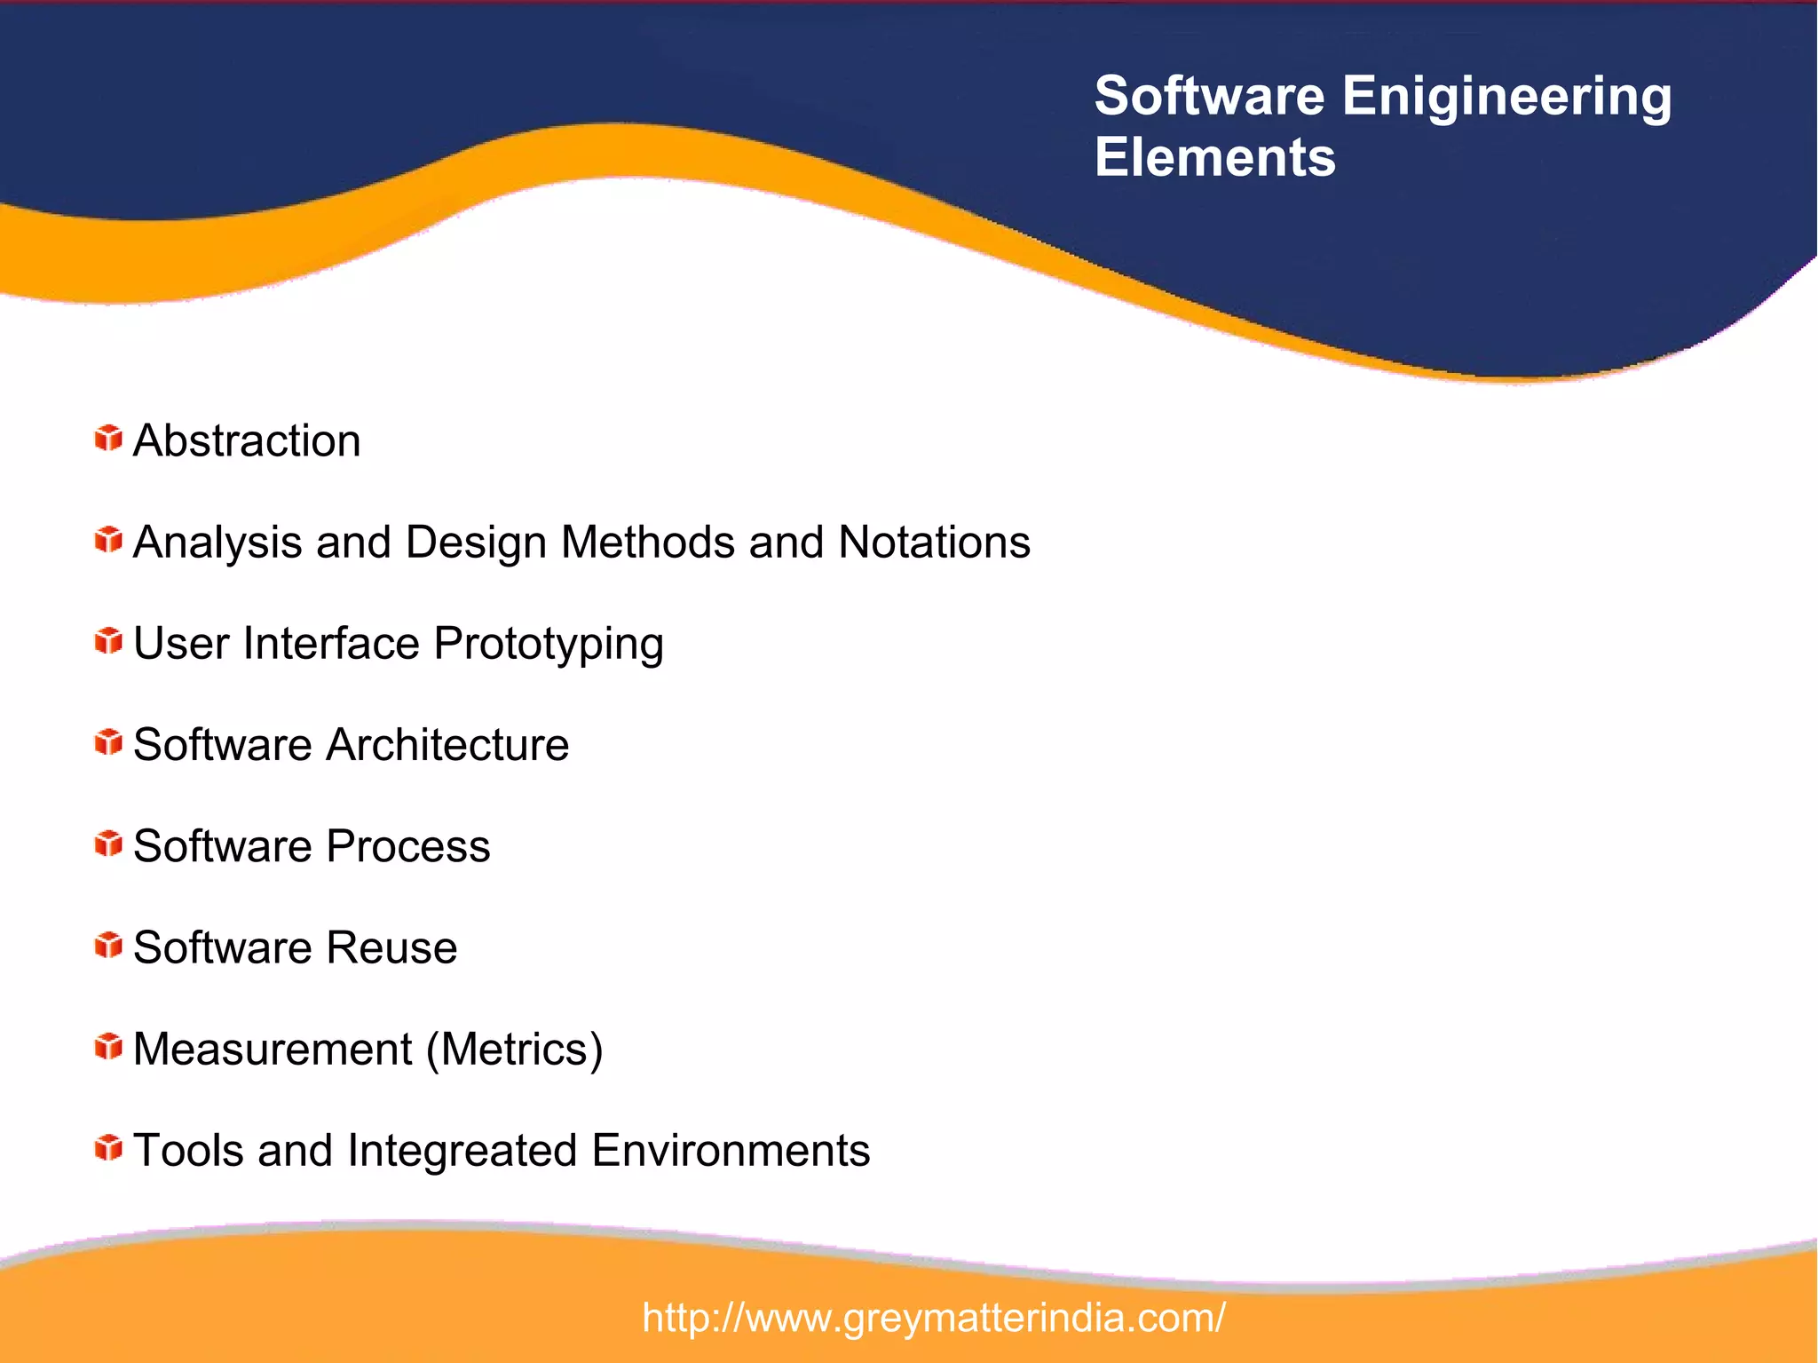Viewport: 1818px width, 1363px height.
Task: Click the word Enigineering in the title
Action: [x=1506, y=98]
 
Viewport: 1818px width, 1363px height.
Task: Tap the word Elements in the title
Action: [x=1214, y=157]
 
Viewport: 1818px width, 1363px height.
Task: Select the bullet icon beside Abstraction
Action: [x=108, y=438]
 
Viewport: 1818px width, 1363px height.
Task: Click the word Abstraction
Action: [x=247, y=440]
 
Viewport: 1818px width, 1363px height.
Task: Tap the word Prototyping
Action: [x=549, y=645]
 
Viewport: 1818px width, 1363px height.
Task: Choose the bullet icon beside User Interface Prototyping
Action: [x=108, y=640]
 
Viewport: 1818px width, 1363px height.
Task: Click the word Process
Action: [x=407, y=846]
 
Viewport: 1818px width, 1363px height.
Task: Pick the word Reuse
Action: [x=391, y=947]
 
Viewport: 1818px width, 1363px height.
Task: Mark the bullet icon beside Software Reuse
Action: [x=108, y=945]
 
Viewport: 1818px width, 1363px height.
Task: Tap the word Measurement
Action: [x=273, y=1050]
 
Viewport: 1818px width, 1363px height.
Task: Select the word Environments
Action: [x=731, y=1151]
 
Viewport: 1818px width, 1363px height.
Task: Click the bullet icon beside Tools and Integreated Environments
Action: [x=108, y=1147]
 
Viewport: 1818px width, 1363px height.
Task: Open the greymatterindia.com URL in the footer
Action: [x=934, y=1318]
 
